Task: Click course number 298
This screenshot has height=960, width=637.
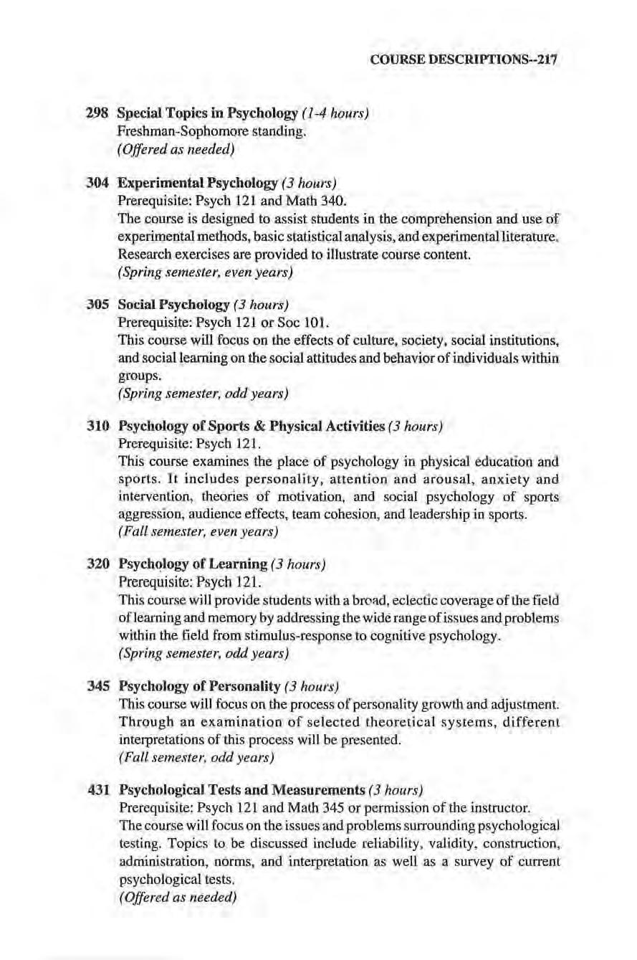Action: point(97,113)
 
